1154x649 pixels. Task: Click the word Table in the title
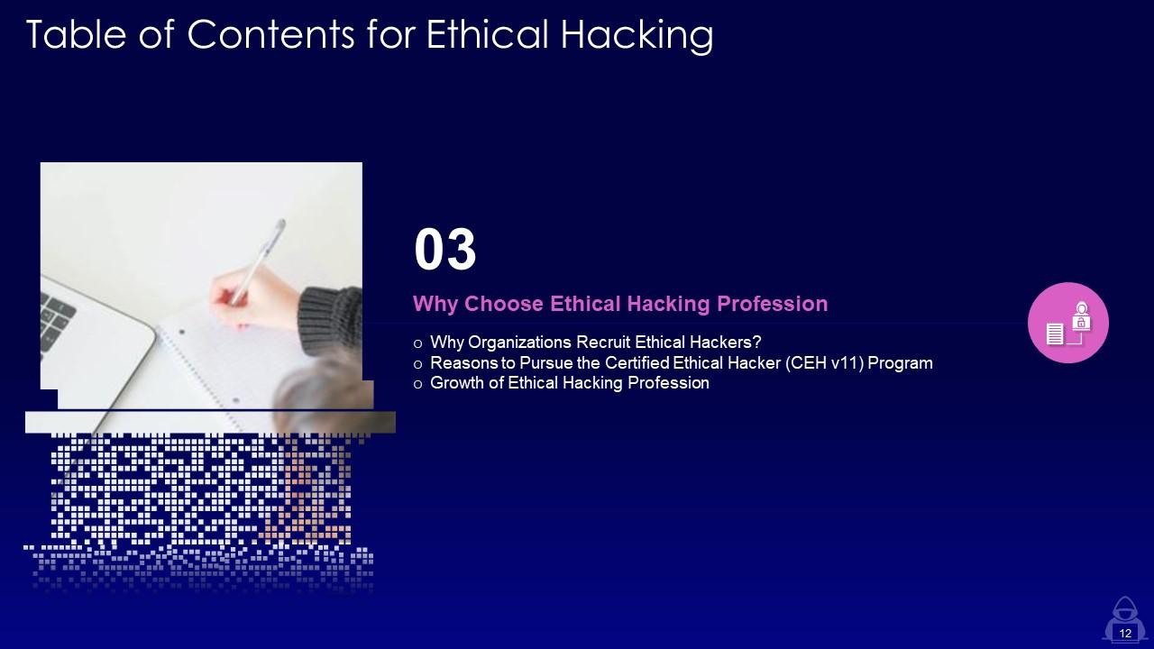[x=76, y=34]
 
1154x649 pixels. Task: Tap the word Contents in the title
[x=270, y=34]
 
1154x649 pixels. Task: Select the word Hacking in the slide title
[x=637, y=36]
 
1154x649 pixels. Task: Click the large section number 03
[x=445, y=250]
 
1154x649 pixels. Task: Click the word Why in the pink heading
[x=435, y=304]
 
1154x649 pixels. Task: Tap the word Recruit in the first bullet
[x=603, y=342]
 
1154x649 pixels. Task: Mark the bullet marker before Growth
[x=417, y=384]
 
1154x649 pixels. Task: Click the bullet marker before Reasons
[x=417, y=364]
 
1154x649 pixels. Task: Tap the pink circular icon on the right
[x=1068, y=323]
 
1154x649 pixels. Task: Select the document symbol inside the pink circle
[x=1055, y=334]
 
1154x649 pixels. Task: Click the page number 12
[x=1125, y=633]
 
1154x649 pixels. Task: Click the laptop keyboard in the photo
[x=57, y=320]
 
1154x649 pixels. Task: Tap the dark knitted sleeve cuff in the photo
[x=330, y=319]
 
